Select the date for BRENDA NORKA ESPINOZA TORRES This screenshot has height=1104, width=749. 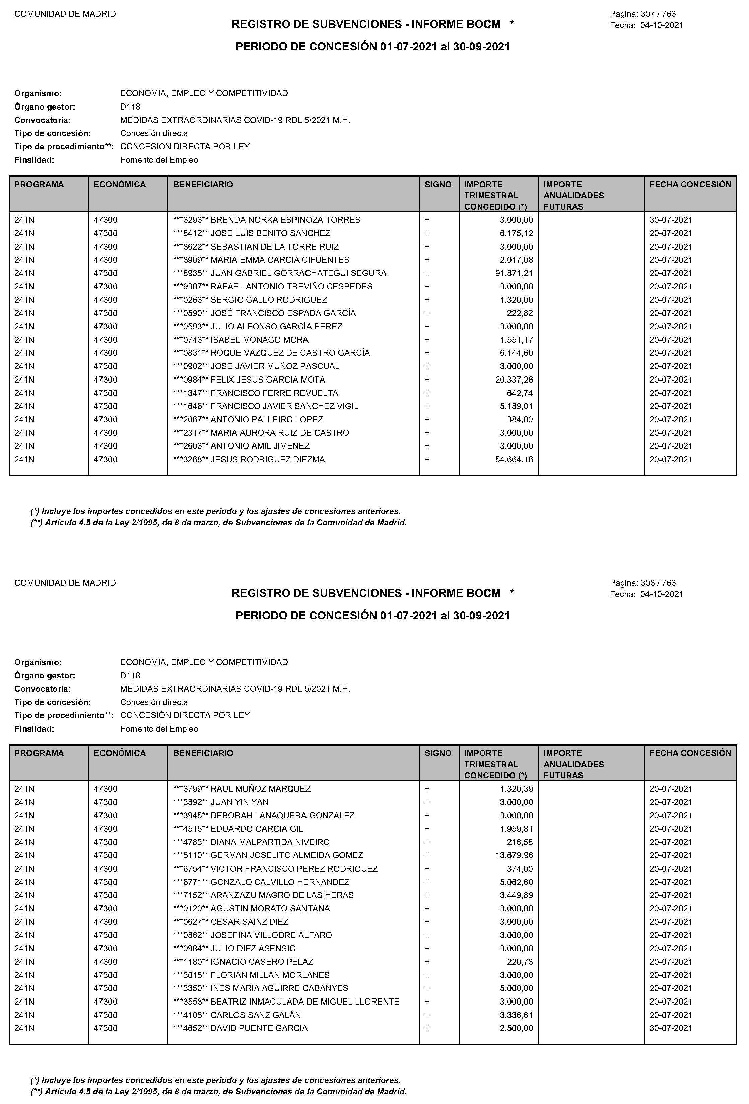tap(671, 220)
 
